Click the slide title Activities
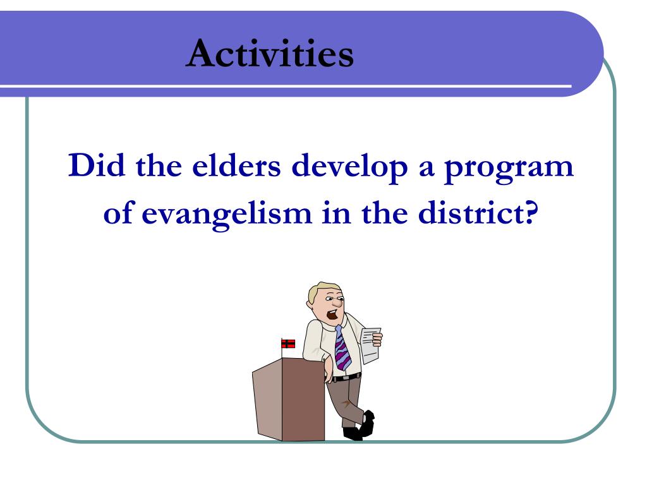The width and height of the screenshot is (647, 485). (x=270, y=53)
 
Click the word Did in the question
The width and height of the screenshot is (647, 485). (x=97, y=165)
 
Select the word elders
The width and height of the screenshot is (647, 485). (x=236, y=165)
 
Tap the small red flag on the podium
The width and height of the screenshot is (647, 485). (x=288, y=343)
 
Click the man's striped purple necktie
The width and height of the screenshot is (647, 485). (x=342, y=349)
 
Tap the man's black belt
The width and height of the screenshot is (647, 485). (x=347, y=377)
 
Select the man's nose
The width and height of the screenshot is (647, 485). (x=337, y=304)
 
